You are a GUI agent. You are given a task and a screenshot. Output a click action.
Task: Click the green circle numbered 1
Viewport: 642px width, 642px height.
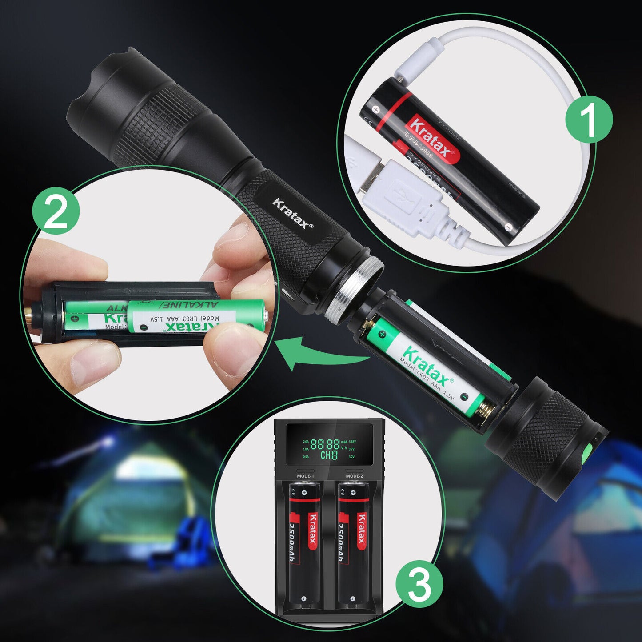[x=589, y=119]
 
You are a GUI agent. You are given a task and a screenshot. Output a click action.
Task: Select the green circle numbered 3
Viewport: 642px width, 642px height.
[x=419, y=583]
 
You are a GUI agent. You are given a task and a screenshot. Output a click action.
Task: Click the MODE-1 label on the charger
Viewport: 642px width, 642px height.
[x=305, y=476]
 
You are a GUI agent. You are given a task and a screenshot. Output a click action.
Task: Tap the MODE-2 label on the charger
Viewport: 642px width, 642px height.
[x=354, y=476]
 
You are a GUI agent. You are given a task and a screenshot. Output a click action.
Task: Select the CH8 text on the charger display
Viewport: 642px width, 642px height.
[x=329, y=455]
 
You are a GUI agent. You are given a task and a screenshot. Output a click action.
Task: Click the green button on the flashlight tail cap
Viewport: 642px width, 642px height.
[x=586, y=451]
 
